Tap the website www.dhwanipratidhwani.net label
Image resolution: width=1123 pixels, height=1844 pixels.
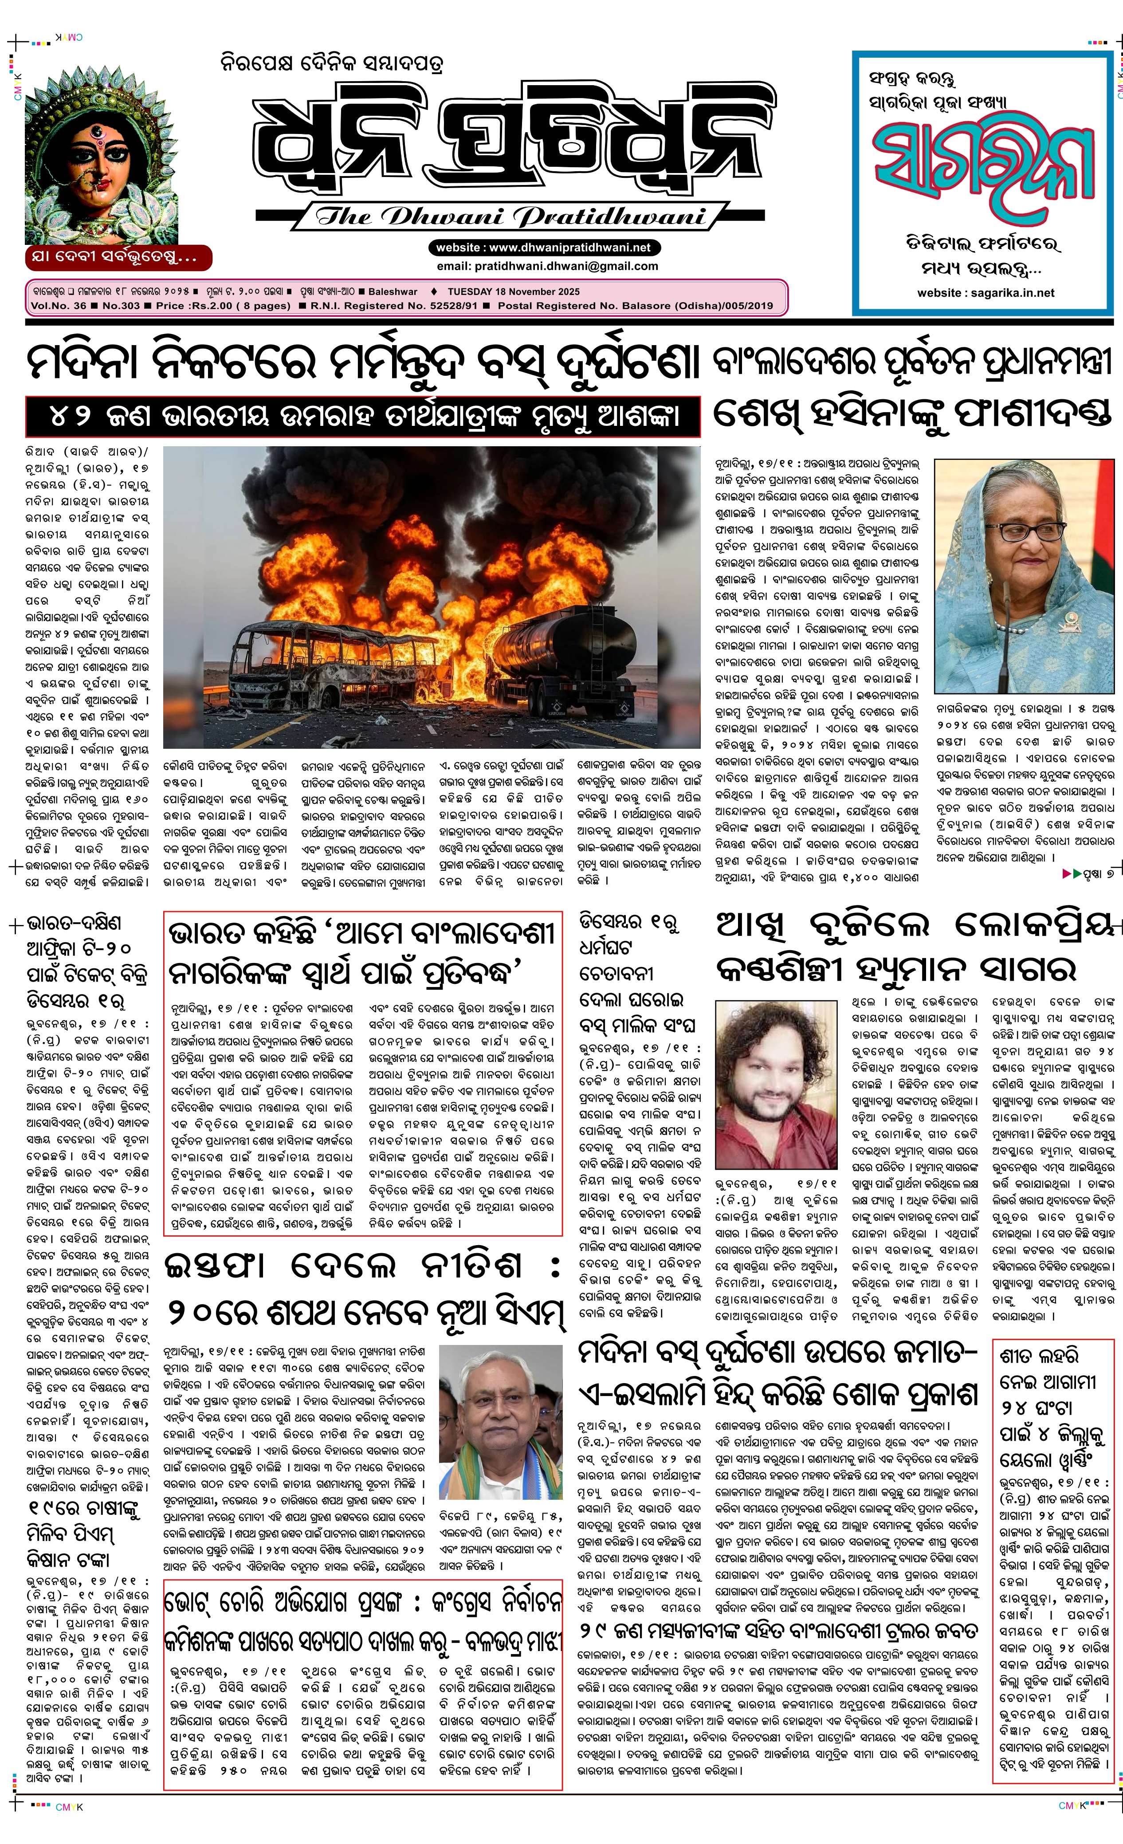(x=539, y=247)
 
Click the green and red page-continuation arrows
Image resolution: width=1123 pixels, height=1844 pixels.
(x=1072, y=873)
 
